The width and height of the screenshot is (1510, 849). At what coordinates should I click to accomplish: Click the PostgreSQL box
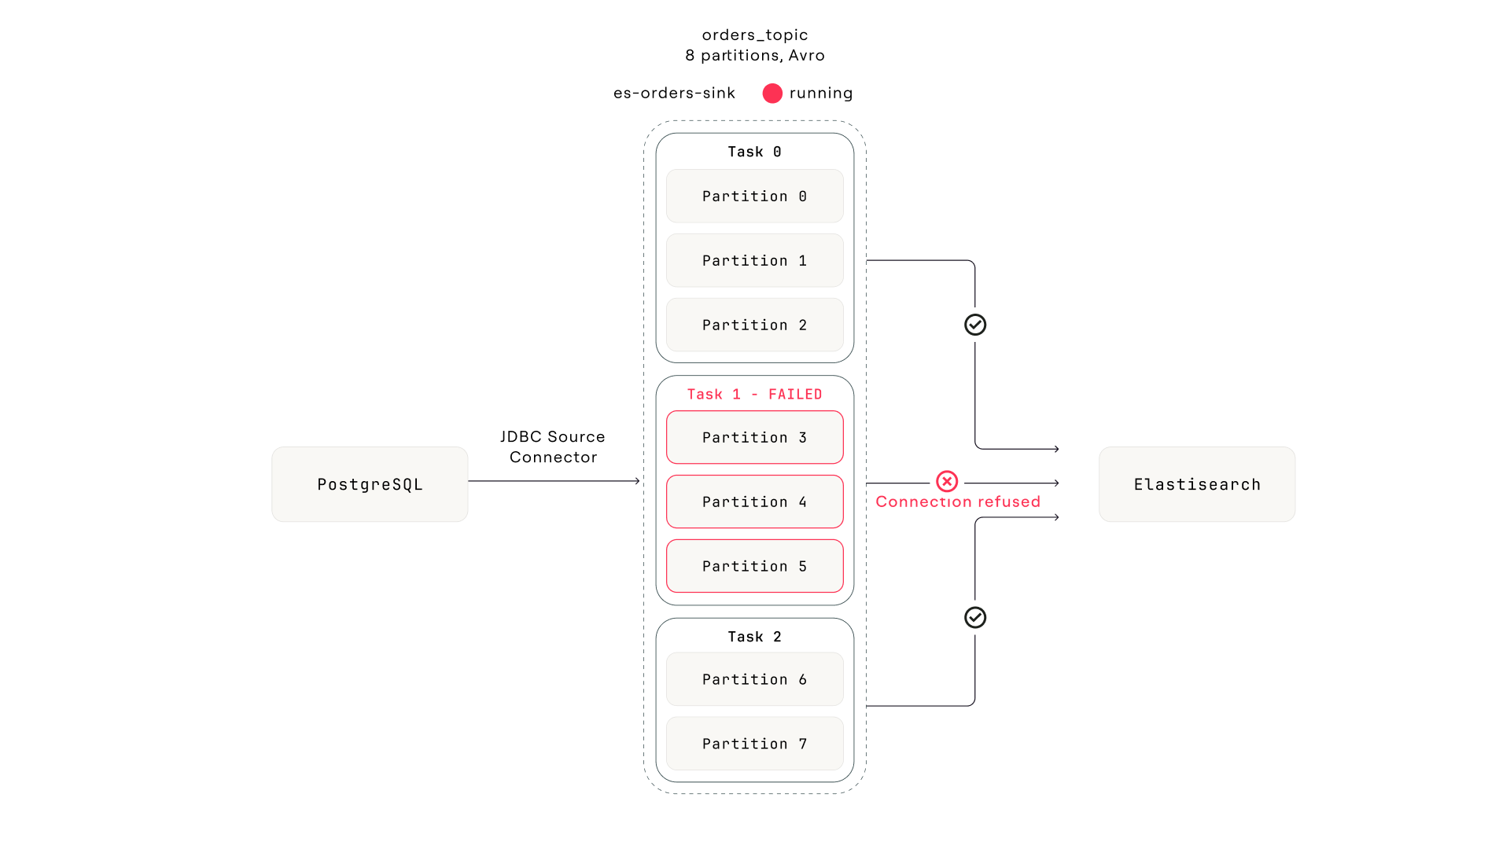(x=370, y=484)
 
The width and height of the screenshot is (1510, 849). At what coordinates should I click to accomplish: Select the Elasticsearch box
(x=1196, y=484)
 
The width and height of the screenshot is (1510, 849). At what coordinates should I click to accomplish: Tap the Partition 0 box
(x=754, y=197)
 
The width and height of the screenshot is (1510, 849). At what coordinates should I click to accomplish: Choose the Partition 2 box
(x=754, y=325)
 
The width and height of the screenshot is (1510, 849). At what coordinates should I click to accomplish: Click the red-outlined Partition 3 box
(x=754, y=437)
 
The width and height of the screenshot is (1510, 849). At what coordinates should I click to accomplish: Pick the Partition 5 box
(x=754, y=566)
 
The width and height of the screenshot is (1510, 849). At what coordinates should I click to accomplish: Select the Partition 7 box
(x=754, y=744)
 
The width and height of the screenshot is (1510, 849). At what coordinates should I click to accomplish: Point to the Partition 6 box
(x=754, y=679)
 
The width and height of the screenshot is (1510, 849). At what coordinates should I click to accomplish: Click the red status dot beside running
(x=772, y=94)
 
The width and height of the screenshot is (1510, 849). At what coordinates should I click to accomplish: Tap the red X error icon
(x=947, y=481)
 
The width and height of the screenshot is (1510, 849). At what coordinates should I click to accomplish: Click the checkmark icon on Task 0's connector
(x=975, y=325)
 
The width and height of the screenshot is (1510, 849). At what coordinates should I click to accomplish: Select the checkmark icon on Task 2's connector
(x=975, y=618)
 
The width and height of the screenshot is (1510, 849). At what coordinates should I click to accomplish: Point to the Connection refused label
(x=957, y=502)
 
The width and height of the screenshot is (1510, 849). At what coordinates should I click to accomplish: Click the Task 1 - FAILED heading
(x=754, y=395)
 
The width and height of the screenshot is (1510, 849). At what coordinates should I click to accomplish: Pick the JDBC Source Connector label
(x=553, y=447)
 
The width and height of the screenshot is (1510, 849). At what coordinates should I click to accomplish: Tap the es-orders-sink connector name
(x=674, y=94)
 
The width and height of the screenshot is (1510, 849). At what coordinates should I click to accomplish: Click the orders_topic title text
(x=754, y=35)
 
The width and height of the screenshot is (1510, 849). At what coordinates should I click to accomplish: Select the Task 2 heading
(x=754, y=637)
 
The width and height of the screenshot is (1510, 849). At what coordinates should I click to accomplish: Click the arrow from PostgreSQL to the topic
(x=554, y=481)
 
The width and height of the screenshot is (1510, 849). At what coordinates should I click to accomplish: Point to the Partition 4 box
(x=754, y=502)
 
